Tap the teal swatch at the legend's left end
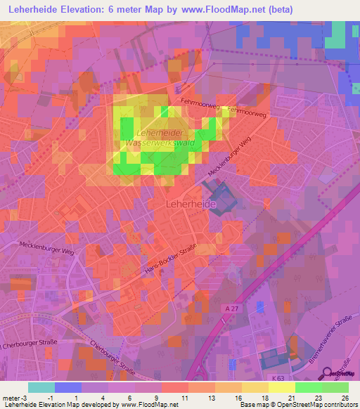click(41, 387)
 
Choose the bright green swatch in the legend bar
click(309, 387)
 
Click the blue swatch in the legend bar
click(68, 387)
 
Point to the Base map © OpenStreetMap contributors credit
click(298, 405)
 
